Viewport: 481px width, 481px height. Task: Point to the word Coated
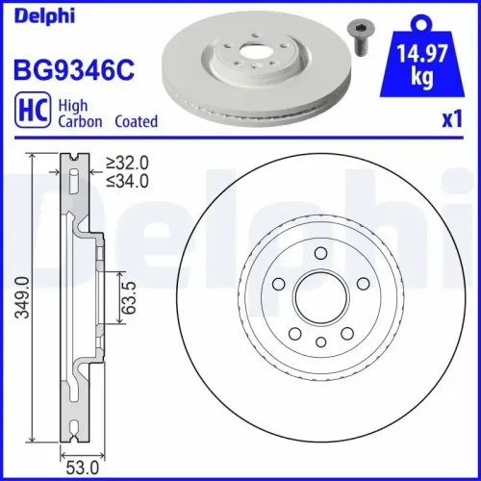(x=136, y=122)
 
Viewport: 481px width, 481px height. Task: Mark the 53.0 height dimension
(x=82, y=468)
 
